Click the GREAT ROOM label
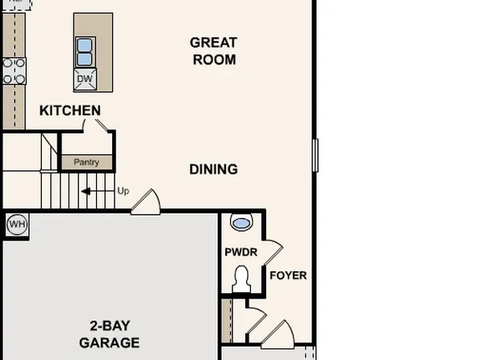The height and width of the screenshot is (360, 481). click(x=213, y=51)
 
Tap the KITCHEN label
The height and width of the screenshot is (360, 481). click(x=70, y=111)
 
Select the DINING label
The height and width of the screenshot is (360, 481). click(x=213, y=170)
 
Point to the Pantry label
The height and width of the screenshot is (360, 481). click(x=86, y=162)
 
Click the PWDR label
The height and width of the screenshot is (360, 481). click(x=240, y=253)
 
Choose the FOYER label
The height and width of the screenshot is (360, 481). click(x=287, y=275)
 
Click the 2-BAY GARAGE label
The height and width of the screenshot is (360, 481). click(x=109, y=334)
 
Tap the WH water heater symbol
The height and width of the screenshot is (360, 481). click(x=15, y=223)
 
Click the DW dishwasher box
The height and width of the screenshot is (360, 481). click(x=86, y=79)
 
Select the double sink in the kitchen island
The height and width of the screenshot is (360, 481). click(x=86, y=52)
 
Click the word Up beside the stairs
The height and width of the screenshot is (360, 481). click(x=123, y=191)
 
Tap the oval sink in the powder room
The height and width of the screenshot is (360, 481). click(x=241, y=221)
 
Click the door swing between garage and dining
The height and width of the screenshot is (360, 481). click(x=145, y=202)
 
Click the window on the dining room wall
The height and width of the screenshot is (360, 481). click(x=316, y=155)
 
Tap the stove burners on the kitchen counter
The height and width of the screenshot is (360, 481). click(x=15, y=70)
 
